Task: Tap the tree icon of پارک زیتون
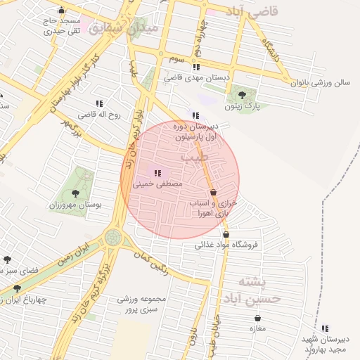[243, 94]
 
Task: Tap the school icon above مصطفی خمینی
[157, 172]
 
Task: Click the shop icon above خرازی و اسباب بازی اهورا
[213, 192]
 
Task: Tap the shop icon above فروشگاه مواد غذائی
[226, 234]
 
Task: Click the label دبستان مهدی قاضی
[192, 78]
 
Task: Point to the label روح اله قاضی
[95, 113]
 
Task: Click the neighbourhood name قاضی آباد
[253, 12]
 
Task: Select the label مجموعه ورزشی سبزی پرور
[141, 303]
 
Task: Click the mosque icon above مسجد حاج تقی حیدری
[61, 10]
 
